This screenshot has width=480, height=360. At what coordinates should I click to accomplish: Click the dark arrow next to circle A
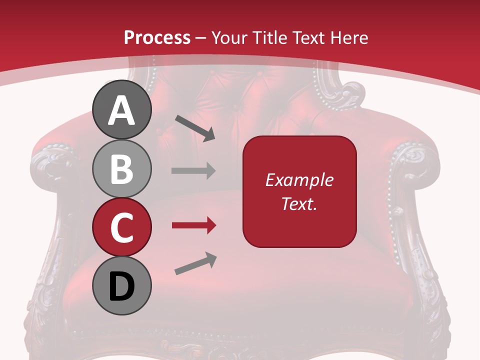coord(195,128)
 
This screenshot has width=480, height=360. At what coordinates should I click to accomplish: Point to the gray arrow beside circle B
coord(193,171)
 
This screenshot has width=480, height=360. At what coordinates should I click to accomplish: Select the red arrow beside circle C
coord(193,225)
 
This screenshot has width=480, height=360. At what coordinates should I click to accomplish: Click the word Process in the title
coord(157,37)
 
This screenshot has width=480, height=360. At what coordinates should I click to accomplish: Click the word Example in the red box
coord(299,180)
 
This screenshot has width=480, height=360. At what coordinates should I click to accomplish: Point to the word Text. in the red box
coord(299,203)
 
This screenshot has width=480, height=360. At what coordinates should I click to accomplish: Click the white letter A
coord(122,111)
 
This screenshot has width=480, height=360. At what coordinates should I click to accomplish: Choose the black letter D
coord(122,286)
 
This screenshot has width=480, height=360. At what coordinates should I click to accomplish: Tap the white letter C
coord(122,227)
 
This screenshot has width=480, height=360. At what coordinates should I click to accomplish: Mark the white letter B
coord(122,169)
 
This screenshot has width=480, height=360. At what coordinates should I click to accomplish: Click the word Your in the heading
coord(231,37)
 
